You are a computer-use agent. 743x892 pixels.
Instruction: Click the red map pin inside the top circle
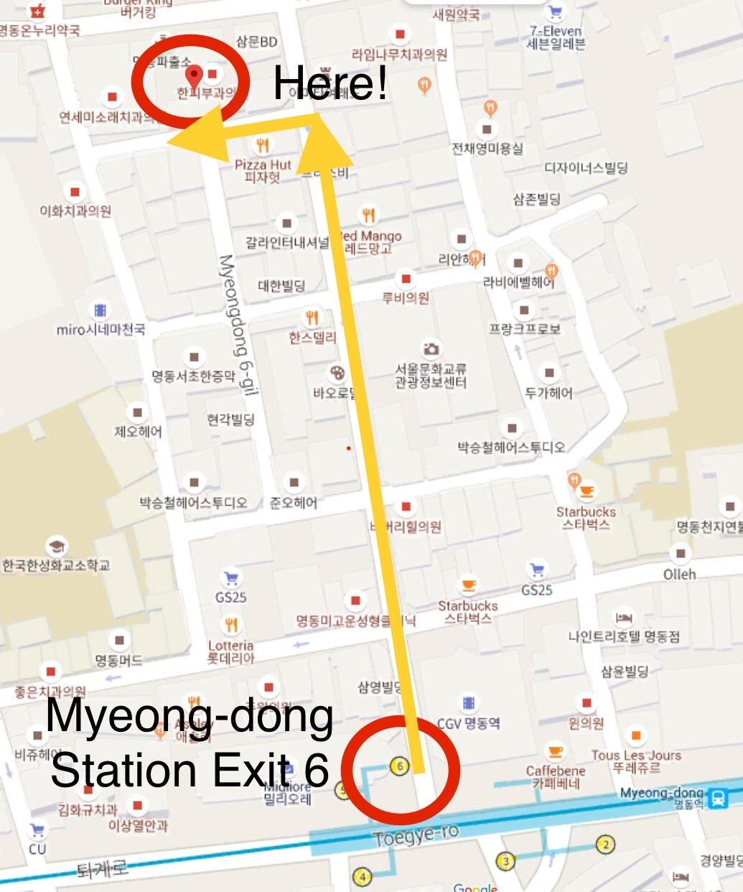[194, 75]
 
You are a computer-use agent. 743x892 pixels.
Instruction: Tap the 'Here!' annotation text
[330, 83]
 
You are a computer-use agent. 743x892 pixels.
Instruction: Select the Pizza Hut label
[263, 164]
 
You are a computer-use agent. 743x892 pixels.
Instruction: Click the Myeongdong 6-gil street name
[238, 323]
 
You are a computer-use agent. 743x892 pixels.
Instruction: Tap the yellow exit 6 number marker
[400, 766]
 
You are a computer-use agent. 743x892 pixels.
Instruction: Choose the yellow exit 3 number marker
[505, 861]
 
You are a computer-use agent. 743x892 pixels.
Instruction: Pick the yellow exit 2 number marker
[606, 844]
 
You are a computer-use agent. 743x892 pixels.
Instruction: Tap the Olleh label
[679, 574]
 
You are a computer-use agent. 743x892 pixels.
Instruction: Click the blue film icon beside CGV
[468, 702]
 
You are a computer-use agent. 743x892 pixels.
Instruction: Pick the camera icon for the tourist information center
[430, 349]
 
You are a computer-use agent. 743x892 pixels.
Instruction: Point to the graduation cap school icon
[55, 547]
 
